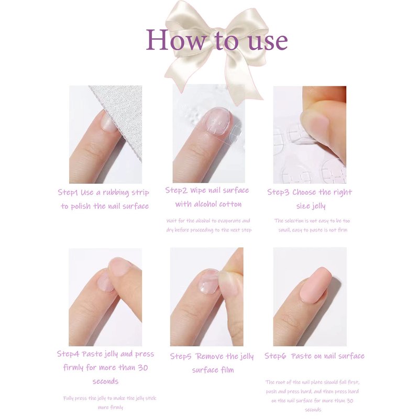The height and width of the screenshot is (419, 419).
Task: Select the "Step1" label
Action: point(68,192)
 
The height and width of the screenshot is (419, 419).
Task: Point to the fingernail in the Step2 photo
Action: point(217,121)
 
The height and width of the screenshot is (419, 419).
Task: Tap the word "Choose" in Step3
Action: point(304,192)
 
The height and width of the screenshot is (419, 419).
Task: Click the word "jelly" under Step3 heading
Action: point(317,206)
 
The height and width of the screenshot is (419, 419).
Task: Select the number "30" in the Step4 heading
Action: point(142,368)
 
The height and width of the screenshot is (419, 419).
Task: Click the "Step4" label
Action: point(68,354)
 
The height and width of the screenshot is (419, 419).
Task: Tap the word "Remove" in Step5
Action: point(209,356)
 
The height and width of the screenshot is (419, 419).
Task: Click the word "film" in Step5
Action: point(227,370)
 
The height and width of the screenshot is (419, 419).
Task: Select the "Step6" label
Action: point(275,356)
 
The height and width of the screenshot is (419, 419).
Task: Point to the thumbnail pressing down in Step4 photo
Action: point(120,267)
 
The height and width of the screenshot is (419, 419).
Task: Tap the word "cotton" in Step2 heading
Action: point(231,204)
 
